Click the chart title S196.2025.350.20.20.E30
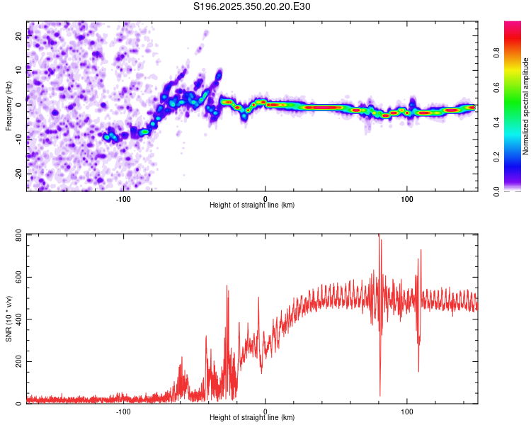[252, 6]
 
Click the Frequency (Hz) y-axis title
[8, 106]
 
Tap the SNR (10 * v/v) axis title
[8, 319]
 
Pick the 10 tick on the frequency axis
[19, 69]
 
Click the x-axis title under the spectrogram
[252, 205]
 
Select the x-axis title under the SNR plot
[252, 417]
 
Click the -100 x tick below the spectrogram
[124, 198]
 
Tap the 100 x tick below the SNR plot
[407, 411]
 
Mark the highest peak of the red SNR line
[379, 235]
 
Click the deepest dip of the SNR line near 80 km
[380, 395]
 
